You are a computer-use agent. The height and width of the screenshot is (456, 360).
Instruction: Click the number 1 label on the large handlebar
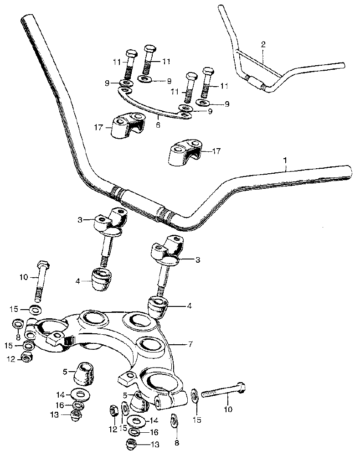[285, 160]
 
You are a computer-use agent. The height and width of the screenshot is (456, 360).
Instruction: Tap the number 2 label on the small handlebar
[263, 44]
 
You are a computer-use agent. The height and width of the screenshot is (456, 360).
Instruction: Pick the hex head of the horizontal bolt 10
[242, 389]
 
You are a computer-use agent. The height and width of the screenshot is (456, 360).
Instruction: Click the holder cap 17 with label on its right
[184, 153]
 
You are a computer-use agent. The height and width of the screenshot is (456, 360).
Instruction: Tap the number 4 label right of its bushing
[189, 306]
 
